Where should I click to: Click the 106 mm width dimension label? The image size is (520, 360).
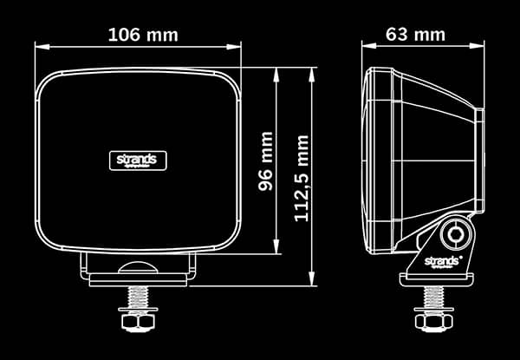(x=142, y=35)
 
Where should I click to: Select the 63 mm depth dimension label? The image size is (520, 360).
(x=415, y=35)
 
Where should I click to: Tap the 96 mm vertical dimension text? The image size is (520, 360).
(x=265, y=160)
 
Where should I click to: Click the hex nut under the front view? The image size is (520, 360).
(x=138, y=322)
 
